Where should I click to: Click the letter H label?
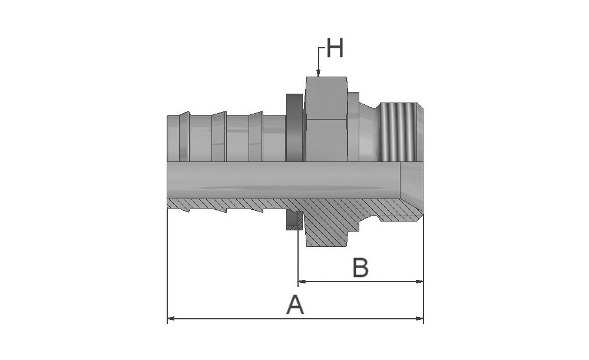click(x=335, y=48)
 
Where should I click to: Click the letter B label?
click(x=360, y=267)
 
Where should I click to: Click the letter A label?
click(x=295, y=305)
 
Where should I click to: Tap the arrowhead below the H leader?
click(x=318, y=73)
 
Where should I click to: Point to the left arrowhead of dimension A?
click(x=171, y=319)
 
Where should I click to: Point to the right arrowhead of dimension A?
click(x=419, y=319)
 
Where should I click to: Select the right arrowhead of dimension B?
click(x=419, y=281)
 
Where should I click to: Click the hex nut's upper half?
click(x=326, y=98)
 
